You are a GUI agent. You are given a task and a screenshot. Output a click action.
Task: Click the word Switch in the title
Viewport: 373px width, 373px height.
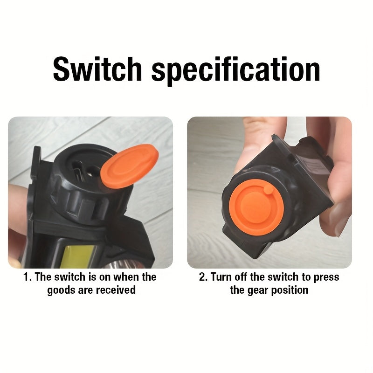click(97, 69)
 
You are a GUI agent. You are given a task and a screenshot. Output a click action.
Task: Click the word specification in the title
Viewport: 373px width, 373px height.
click(236, 71)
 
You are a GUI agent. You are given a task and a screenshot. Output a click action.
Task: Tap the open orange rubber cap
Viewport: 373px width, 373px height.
click(130, 166)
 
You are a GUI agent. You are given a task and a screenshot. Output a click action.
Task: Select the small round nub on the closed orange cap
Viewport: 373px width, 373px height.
click(269, 189)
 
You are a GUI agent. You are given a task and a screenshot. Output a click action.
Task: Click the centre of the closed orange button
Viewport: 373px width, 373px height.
click(256, 207)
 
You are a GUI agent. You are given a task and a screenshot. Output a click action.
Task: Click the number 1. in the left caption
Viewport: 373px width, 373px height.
click(28, 277)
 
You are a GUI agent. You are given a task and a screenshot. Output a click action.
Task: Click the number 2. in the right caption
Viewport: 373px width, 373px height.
click(203, 277)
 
